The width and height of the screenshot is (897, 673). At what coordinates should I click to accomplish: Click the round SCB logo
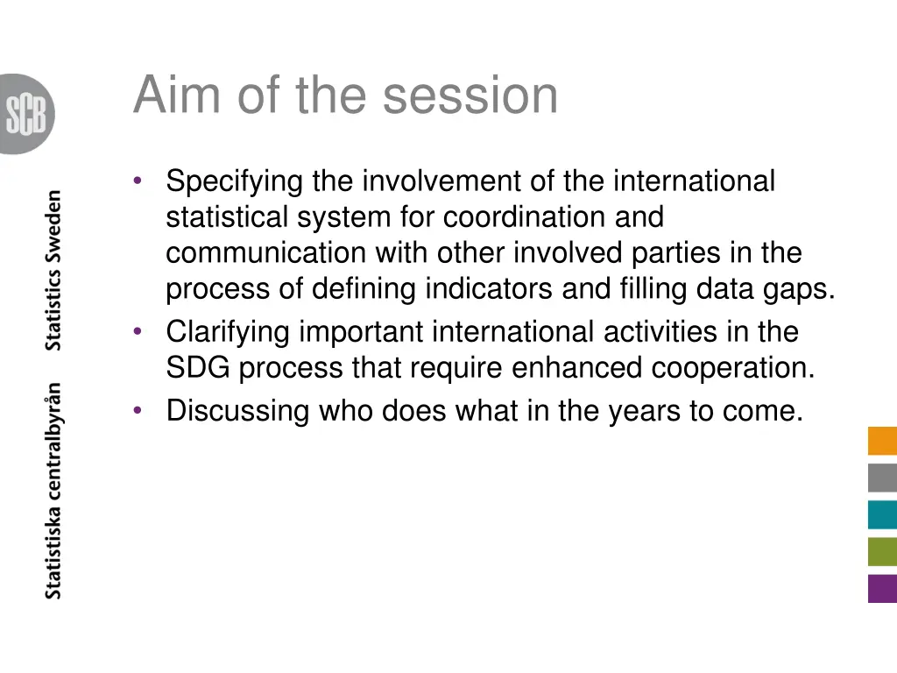[26, 114]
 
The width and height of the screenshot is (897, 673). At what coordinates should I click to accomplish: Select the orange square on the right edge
[882, 441]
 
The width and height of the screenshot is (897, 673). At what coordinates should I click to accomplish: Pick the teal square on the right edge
[882, 514]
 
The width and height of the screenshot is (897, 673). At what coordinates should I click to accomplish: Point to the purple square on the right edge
[882, 588]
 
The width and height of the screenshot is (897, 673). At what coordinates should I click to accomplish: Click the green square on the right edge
[882, 551]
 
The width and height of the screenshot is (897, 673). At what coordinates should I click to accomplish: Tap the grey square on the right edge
[882, 478]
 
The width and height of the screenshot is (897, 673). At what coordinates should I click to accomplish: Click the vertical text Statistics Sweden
[54, 270]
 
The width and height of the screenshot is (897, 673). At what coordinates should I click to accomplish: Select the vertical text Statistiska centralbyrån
[54, 491]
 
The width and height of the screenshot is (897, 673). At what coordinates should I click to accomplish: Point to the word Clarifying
[229, 332]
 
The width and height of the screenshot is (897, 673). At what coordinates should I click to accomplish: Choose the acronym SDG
[199, 368]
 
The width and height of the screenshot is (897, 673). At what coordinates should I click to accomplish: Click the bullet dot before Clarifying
[138, 332]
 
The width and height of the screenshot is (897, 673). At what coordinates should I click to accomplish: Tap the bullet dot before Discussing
[138, 410]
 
